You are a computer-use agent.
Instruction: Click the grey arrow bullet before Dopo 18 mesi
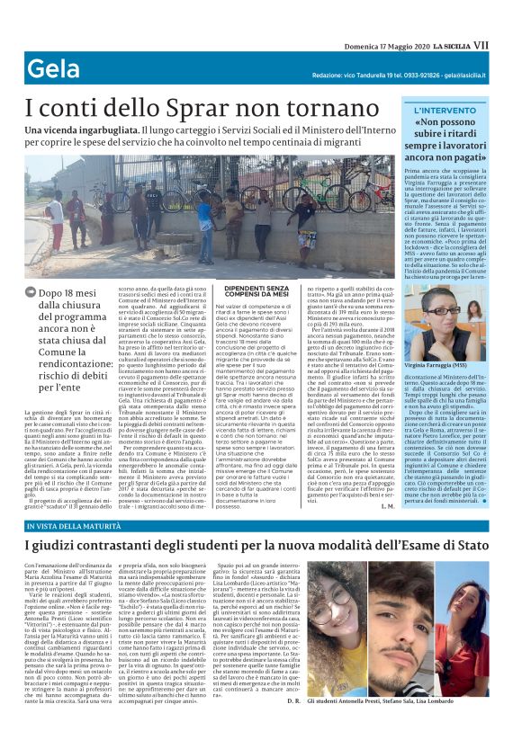[x=33, y=292]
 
